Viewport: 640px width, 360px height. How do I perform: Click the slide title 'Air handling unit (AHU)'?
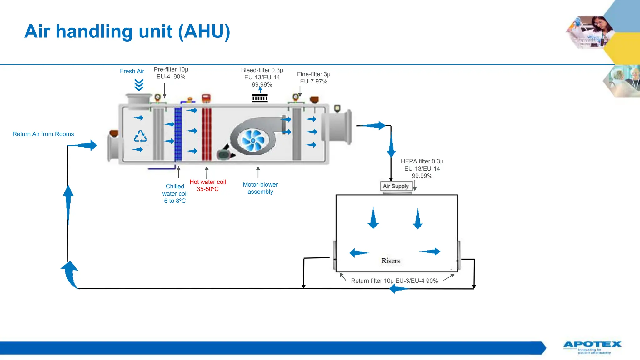[127, 32]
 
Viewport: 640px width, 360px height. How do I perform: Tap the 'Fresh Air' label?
[132, 71]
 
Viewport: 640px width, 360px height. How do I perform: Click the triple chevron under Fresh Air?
[139, 84]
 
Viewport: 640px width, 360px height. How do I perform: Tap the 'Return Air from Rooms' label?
[43, 134]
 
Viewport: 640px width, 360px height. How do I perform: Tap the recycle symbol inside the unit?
[140, 136]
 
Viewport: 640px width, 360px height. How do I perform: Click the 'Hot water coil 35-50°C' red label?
[207, 185]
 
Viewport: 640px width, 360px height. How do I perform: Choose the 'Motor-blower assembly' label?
[260, 188]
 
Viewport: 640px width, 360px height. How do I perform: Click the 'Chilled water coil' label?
[175, 193]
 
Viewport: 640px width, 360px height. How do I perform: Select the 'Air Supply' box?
[396, 186]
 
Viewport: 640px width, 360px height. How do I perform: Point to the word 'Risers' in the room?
[391, 261]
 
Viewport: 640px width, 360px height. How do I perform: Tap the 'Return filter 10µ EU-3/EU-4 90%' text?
[394, 281]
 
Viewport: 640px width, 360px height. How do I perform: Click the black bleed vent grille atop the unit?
[260, 98]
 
